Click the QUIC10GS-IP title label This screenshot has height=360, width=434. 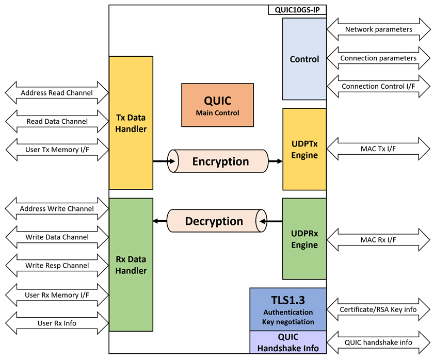297,10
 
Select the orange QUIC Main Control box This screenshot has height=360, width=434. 218,105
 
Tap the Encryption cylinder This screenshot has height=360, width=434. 218,161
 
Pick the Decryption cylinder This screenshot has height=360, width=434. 217,221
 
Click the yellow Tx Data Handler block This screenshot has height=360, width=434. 131,123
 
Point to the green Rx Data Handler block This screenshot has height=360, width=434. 131,265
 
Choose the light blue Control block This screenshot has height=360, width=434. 304,59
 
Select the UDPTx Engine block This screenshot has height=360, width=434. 304,149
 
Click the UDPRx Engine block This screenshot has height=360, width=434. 304,239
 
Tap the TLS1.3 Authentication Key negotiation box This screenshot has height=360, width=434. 288,309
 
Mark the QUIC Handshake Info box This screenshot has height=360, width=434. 288,342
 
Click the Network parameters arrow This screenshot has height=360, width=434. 378,29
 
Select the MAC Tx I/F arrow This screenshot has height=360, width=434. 378,149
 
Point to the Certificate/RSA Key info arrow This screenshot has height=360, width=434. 378,309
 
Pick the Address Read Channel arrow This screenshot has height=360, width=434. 57,93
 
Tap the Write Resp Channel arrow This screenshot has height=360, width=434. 57,266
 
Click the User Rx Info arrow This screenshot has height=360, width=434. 57,323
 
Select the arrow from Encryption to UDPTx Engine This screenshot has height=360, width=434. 276,161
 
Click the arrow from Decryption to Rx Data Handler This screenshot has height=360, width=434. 160,221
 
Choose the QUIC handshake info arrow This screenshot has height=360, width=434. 378,342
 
